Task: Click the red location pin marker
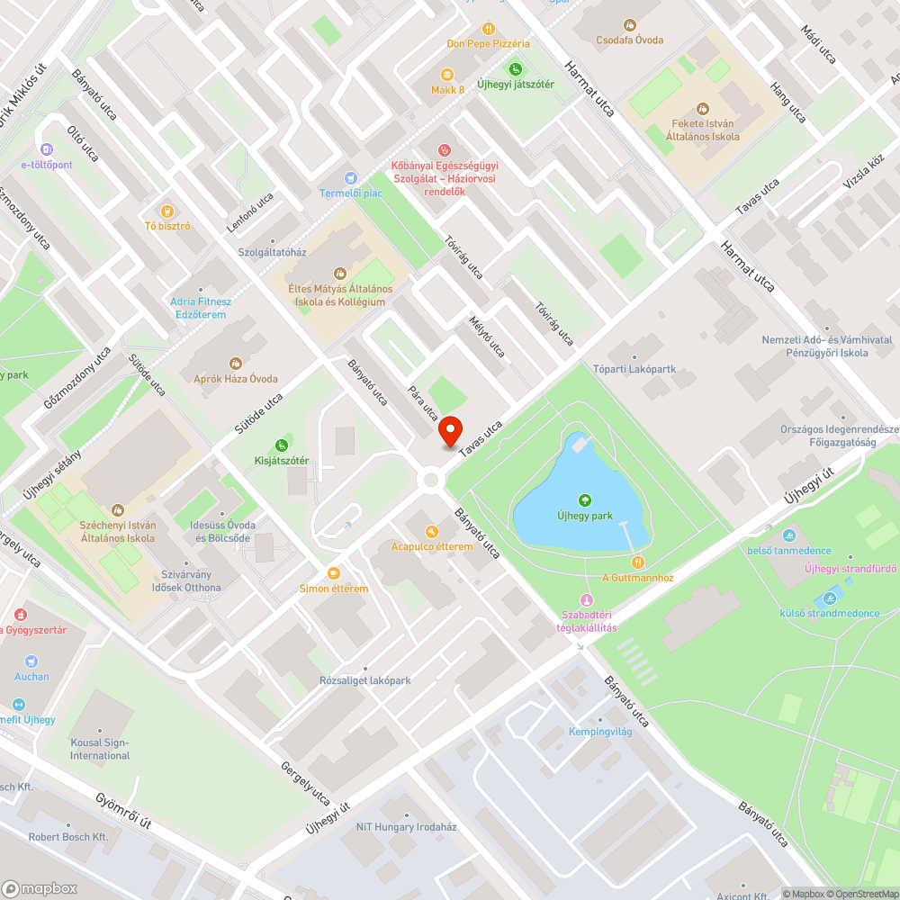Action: tap(450, 431)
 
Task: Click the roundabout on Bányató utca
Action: tap(431, 479)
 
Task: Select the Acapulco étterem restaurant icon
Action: tap(431, 531)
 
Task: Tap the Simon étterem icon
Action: tap(334, 573)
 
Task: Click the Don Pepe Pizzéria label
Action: tap(488, 43)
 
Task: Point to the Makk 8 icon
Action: tap(447, 75)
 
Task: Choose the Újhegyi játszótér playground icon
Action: tap(516, 68)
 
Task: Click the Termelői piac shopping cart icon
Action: tap(350, 178)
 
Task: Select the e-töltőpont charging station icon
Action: tap(47, 149)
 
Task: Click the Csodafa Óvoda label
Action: tap(630, 40)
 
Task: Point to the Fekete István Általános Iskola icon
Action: tap(702, 108)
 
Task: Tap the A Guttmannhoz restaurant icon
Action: tap(637, 562)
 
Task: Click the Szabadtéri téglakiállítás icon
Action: tap(587, 600)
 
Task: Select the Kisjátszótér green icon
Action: tap(282, 445)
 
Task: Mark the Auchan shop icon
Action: tap(31, 661)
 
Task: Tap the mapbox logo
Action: tap(40, 887)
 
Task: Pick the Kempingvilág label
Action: tap(600, 732)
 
